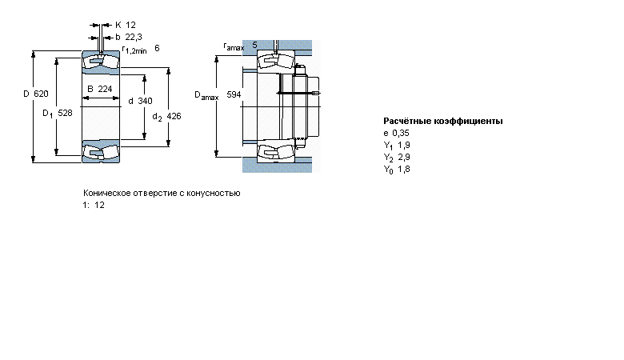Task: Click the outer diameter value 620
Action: tap(41, 94)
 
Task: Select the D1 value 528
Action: tap(66, 113)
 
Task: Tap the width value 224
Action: tap(105, 89)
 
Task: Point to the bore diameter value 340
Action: tap(146, 101)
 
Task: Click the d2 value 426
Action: tap(174, 116)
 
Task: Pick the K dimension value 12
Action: tap(131, 25)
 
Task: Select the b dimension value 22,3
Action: tap(134, 37)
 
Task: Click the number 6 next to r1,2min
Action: tap(157, 48)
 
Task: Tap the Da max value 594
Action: tap(234, 94)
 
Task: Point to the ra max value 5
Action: tap(254, 45)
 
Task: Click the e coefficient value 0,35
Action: tap(401, 133)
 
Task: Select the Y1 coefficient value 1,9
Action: tap(404, 145)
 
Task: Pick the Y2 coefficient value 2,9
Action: tap(404, 157)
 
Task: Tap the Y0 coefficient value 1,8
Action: tap(404, 169)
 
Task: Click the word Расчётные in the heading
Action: tap(406, 121)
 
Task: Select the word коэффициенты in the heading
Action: tap(468, 121)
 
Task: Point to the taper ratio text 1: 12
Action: tap(94, 206)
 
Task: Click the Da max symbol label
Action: tap(206, 95)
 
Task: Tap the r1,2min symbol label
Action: tap(134, 50)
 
